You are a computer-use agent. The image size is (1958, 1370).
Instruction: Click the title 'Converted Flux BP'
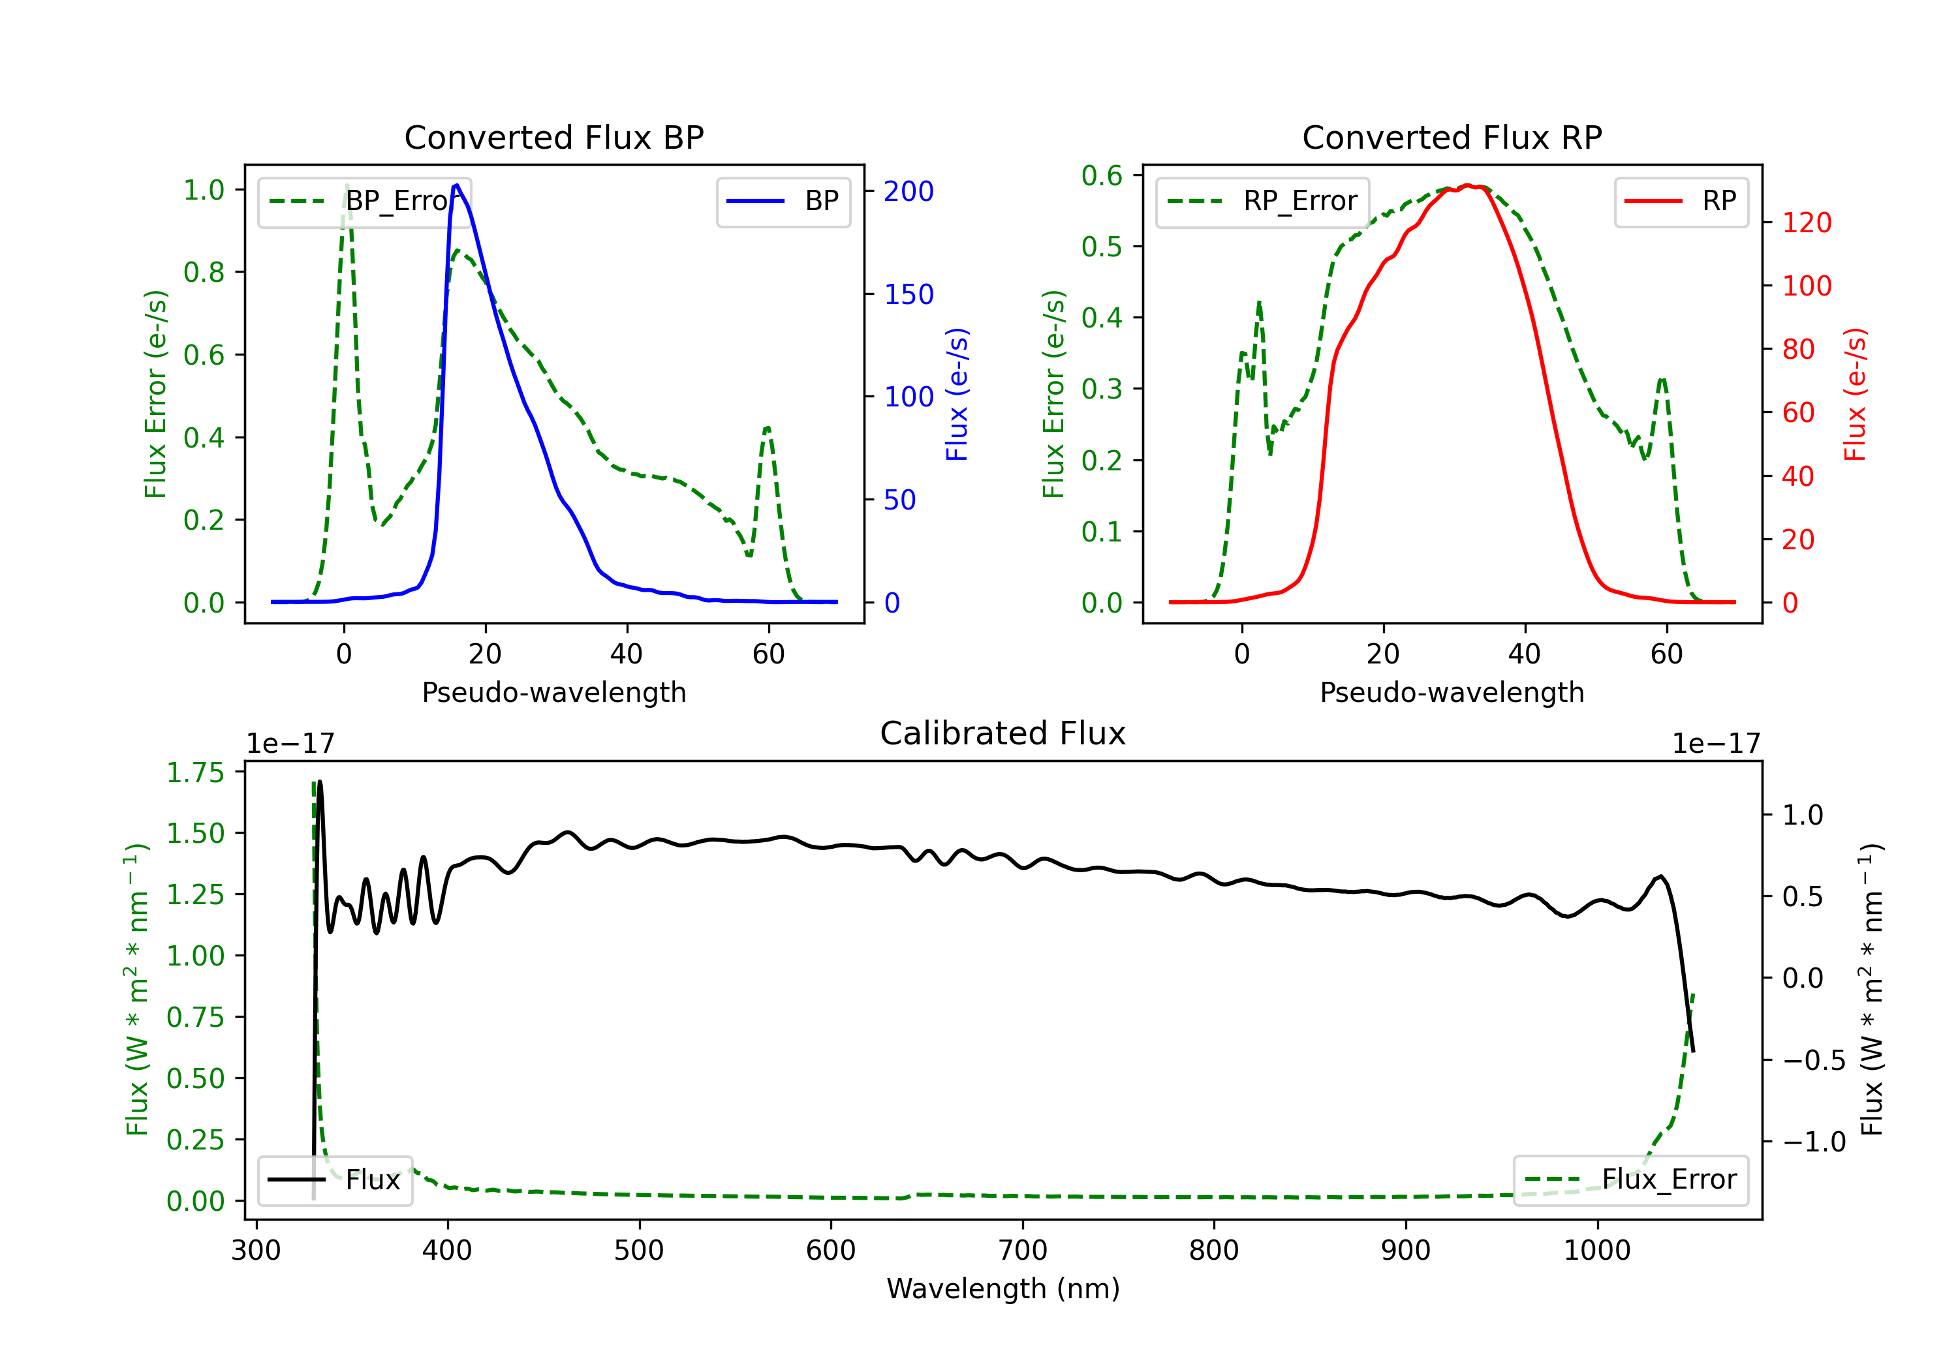click(x=554, y=137)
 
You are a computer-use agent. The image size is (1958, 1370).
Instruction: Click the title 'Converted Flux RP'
click(x=1452, y=137)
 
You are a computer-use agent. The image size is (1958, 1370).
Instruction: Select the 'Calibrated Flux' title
click(x=1003, y=733)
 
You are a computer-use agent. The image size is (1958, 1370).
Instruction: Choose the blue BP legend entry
click(x=783, y=201)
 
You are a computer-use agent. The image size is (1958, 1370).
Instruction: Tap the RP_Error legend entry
click(x=1262, y=201)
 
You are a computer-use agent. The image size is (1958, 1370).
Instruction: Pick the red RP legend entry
click(x=1681, y=201)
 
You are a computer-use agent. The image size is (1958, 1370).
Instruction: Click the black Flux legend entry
click(x=334, y=1180)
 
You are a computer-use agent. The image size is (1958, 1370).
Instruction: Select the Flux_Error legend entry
click(x=1630, y=1180)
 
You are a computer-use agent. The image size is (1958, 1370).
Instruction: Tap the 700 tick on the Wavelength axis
click(x=1023, y=1251)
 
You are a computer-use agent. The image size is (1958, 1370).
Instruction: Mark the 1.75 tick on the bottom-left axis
click(x=195, y=772)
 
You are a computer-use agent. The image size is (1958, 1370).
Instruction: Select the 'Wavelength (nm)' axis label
click(x=1003, y=1288)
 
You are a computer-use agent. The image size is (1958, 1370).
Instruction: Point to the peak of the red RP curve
click(x=1468, y=185)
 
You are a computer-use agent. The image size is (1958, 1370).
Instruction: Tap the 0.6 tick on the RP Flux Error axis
click(x=1102, y=175)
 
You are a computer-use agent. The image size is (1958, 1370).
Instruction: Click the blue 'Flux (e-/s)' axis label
click(x=957, y=395)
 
